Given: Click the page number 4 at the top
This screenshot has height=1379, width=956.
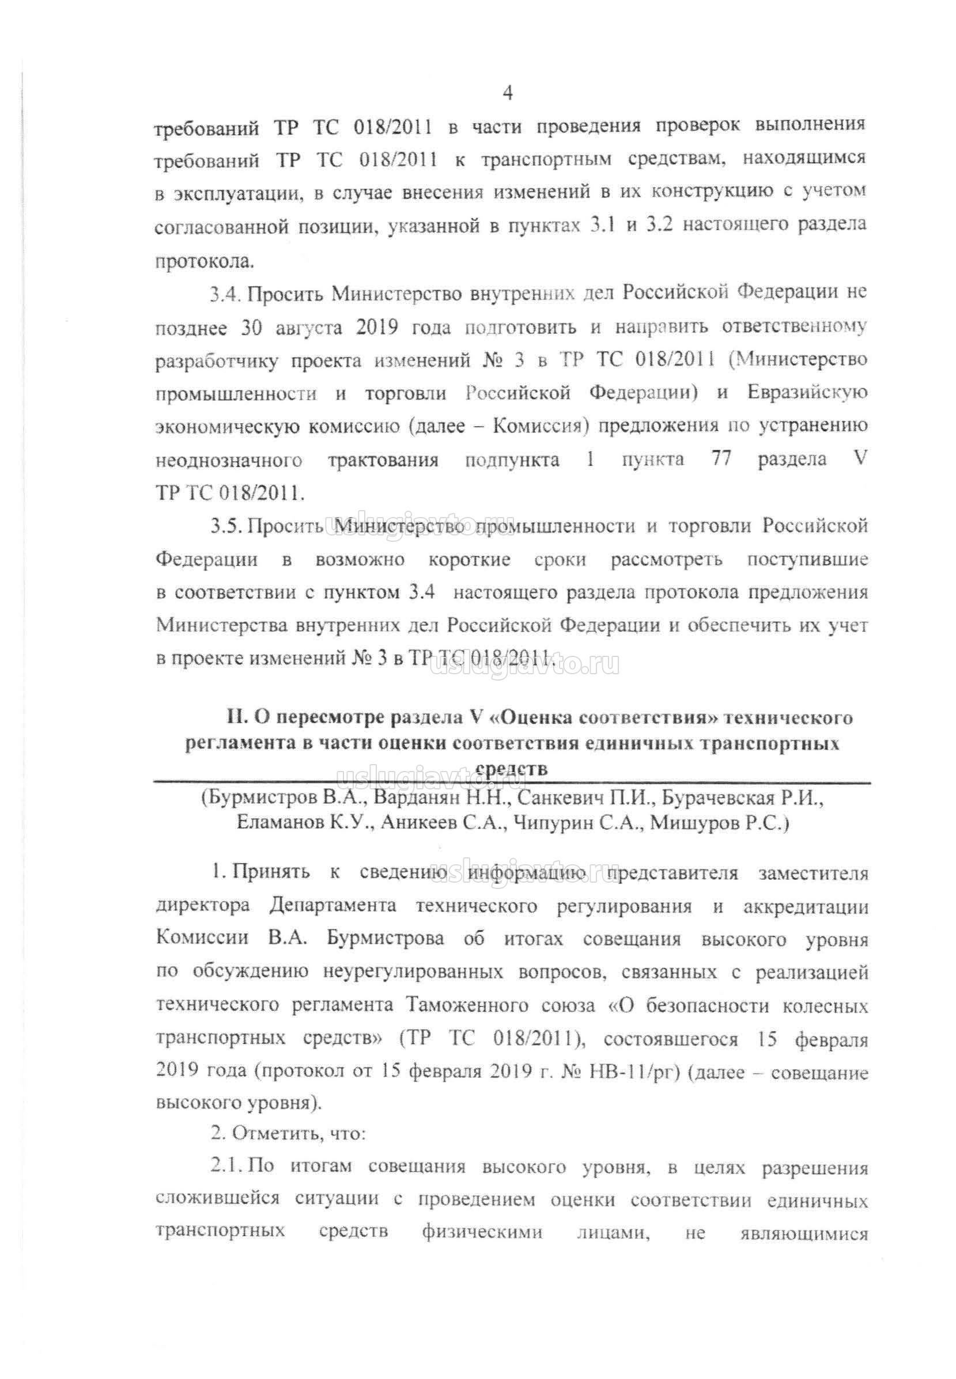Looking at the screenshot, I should [x=507, y=94].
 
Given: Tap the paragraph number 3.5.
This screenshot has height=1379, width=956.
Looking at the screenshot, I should [x=225, y=527].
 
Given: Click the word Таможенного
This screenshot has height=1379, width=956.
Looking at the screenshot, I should [x=468, y=1005].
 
